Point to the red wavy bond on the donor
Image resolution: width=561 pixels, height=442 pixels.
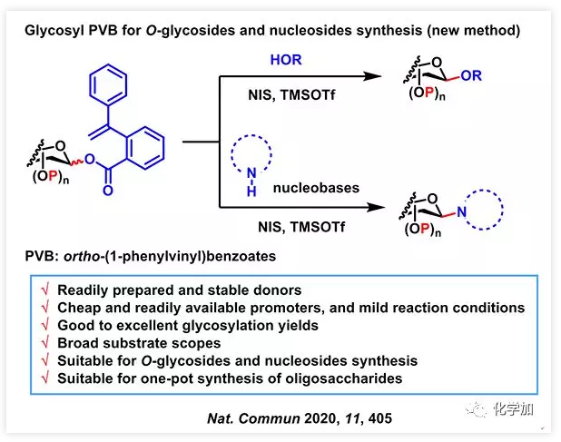coord(80,162)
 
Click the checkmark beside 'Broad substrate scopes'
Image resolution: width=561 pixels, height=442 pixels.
coord(43,343)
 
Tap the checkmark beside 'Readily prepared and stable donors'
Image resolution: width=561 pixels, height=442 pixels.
coord(43,291)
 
